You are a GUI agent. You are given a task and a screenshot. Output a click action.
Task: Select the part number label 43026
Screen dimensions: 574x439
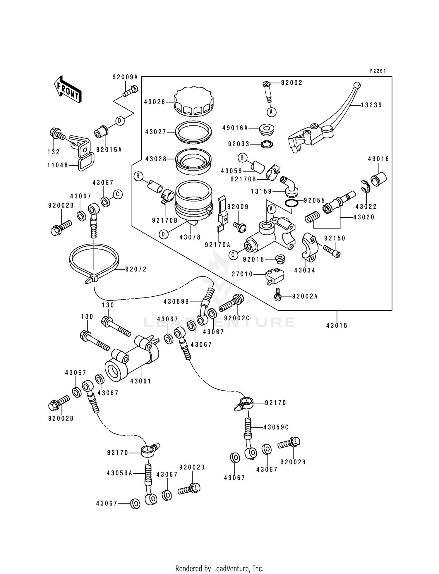click(155, 102)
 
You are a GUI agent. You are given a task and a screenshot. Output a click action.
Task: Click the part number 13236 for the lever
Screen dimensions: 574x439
click(371, 105)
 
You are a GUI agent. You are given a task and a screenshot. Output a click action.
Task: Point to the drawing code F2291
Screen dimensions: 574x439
click(378, 71)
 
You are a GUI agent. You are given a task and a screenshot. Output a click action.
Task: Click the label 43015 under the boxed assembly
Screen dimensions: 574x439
click(337, 325)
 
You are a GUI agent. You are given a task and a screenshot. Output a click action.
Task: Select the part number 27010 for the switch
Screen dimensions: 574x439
click(242, 274)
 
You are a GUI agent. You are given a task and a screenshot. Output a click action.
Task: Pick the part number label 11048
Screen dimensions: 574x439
click(58, 165)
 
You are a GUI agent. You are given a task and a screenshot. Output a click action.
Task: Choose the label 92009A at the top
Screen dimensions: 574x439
click(125, 77)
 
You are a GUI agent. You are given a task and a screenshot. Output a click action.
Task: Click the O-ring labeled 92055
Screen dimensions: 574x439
click(291, 203)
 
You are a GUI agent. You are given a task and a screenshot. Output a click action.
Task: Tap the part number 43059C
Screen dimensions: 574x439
click(276, 427)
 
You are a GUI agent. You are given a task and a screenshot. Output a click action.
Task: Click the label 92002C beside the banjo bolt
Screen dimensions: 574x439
click(237, 318)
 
